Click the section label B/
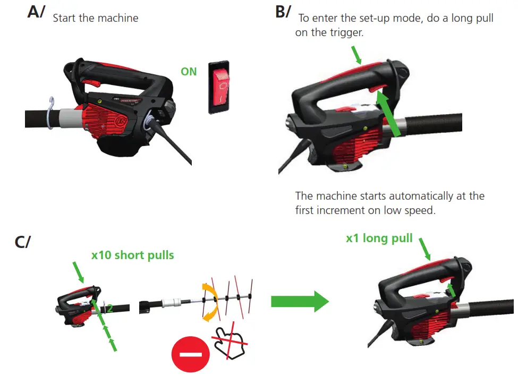click(283, 13)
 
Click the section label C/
click(22, 242)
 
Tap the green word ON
click(189, 71)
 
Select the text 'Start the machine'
click(96, 18)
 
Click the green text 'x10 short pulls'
click(132, 255)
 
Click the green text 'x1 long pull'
click(379, 238)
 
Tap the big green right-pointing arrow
click(300, 301)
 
